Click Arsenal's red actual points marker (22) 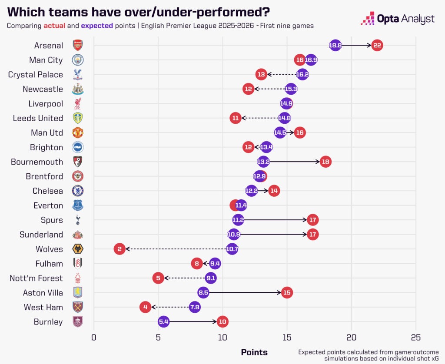click(377, 45)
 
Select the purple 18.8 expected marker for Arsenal click(335, 45)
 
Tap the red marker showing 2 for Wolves click(120, 249)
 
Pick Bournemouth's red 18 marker click(325, 162)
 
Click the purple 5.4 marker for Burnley click(163, 322)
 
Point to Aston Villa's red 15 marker click(286, 293)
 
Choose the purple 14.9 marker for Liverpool click(286, 103)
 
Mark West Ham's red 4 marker click(146, 307)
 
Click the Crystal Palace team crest click(77, 75)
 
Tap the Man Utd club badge click(77, 132)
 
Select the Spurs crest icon click(77, 220)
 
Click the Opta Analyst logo click(398, 19)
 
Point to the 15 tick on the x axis click(287, 338)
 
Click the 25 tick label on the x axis click(415, 338)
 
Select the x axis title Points click(254, 352)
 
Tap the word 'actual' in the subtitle click(54, 26)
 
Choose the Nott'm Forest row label click(36, 278)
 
